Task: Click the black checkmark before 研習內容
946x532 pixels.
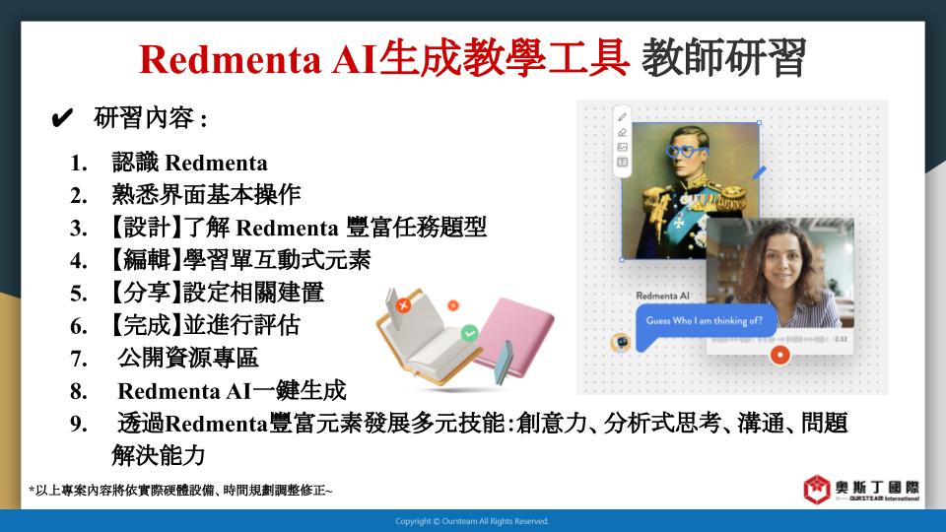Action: pos(62,117)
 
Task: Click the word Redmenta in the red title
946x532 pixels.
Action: pos(231,59)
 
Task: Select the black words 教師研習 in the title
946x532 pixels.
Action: pos(723,58)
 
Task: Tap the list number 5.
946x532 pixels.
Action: pos(79,294)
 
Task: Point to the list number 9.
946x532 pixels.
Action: pos(79,424)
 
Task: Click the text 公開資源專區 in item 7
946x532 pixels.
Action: pos(187,358)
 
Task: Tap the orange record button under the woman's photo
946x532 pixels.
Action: pos(779,355)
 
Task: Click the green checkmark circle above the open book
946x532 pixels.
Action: pos(469,332)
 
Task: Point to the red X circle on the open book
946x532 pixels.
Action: pos(403,305)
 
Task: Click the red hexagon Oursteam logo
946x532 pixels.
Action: pos(816,490)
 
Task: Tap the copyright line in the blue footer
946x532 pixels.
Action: pos(472,521)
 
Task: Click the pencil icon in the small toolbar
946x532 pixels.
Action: pos(622,117)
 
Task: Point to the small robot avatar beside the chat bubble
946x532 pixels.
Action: pos(620,342)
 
